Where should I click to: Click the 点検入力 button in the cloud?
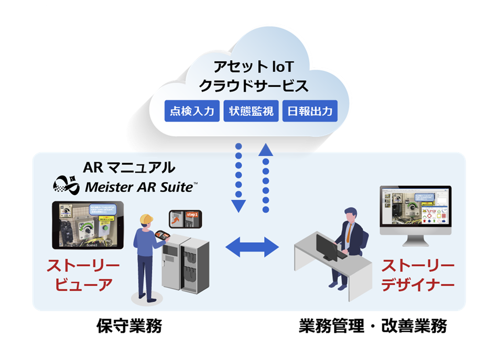pyautogui.click(x=192, y=111)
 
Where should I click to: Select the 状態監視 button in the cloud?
pyautogui.click(x=251, y=111)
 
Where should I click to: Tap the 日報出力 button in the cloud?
pyautogui.click(x=309, y=111)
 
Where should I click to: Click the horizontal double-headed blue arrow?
pyautogui.click(x=252, y=246)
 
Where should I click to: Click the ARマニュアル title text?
pyautogui.click(x=129, y=167)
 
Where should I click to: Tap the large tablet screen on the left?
pyautogui.click(x=88, y=225)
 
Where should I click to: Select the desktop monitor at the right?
pyautogui.click(x=415, y=210)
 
